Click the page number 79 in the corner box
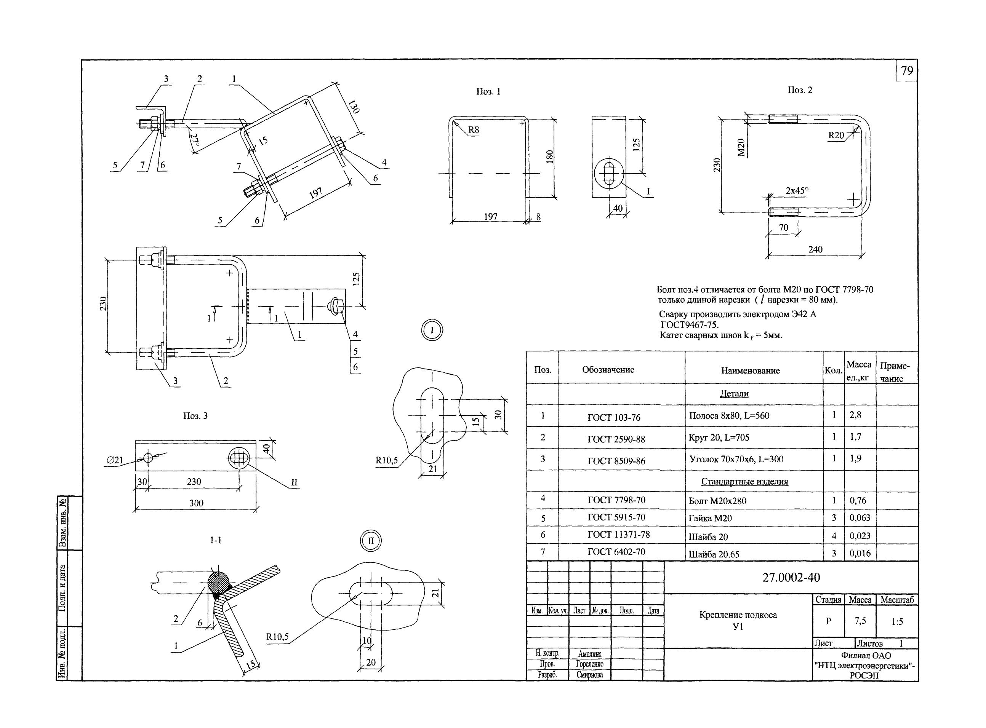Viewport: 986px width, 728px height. (907, 71)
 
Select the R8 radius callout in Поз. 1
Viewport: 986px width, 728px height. (473, 130)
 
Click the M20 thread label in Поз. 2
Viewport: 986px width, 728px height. (741, 147)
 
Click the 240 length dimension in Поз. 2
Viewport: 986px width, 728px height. (815, 249)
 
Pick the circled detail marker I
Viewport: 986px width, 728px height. (432, 330)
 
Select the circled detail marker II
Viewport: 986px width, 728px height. (371, 541)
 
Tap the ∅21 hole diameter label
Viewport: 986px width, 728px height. (115, 460)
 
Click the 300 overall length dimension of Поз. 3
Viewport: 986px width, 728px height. (196, 503)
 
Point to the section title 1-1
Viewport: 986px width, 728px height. (216, 540)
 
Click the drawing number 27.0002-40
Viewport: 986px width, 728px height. (791, 577)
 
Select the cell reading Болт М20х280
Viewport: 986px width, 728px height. (717, 501)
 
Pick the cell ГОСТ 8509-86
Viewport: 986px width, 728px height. (616, 461)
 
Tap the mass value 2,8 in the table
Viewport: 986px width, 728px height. (855, 415)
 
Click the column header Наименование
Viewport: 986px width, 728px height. (751, 370)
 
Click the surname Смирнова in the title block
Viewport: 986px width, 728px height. (589, 675)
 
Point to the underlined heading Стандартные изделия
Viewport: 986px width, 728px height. (744, 482)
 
